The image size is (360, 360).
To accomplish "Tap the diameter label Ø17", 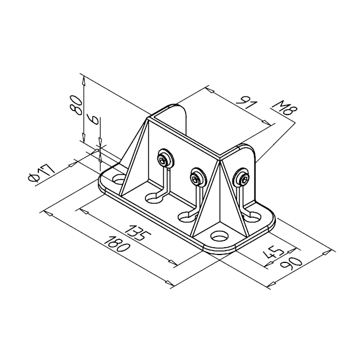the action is coord(42,173).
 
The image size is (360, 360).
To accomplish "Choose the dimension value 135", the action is coord(139,232).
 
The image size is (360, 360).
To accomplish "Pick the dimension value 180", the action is coord(117,244).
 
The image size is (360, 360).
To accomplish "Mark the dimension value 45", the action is coord(274,253).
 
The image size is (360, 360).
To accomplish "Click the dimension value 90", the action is coord(291,265).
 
